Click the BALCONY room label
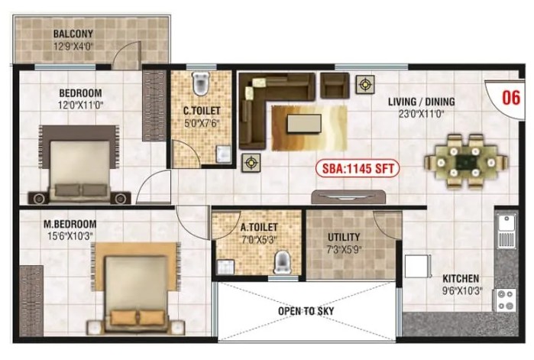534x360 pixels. pyautogui.click(x=73, y=34)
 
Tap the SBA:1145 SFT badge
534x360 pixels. pyautogui.click(x=358, y=169)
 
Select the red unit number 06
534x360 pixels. pyautogui.click(x=511, y=97)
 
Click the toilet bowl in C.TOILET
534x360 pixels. pyautogui.click(x=200, y=83)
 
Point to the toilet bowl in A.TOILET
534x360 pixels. pyautogui.click(x=282, y=262)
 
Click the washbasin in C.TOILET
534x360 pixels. pyautogui.click(x=224, y=154)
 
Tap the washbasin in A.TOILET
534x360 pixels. pyautogui.click(x=225, y=267)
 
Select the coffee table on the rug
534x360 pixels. pyautogui.click(x=304, y=124)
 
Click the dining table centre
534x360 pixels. pyautogui.click(x=465, y=161)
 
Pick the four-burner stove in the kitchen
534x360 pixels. pyautogui.click(x=505, y=300)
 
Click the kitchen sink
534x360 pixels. pyautogui.click(x=506, y=232)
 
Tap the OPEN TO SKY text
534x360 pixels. pyautogui.click(x=306, y=311)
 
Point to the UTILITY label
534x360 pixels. pyautogui.click(x=344, y=237)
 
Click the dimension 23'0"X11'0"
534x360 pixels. pyautogui.click(x=421, y=114)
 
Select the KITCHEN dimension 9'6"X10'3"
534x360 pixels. pyautogui.click(x=462, y=291)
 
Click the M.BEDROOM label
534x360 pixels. pyautogui.click(x=70, y=224)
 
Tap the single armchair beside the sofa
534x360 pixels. pyautogui.click(x=335, y=86)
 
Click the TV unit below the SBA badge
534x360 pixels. pyautogui.click(x=348, y=197)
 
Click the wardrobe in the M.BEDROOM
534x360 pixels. pyautogui.click(x=31, y=301)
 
